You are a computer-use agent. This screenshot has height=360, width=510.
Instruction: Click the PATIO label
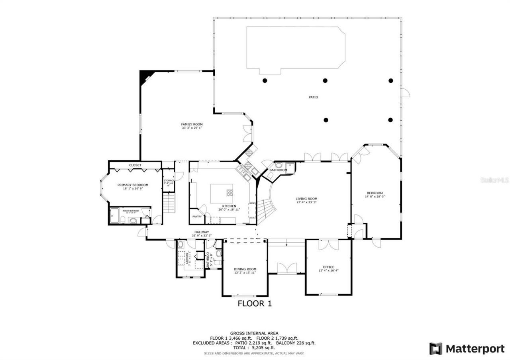point(313,97)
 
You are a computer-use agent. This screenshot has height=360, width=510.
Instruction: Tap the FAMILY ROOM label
point(192,124)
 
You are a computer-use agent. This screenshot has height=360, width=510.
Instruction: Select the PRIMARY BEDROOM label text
point(133,185)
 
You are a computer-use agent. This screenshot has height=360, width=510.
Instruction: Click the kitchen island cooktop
point(230,193)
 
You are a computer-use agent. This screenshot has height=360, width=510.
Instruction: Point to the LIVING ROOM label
point(306,199)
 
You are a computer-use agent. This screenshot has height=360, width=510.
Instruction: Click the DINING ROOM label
point(245,269)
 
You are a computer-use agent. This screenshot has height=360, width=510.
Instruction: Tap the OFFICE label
point(328,267)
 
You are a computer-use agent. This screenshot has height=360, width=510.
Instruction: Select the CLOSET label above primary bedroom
point(135,165)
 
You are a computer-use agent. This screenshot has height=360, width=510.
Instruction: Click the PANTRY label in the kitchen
point(197,217)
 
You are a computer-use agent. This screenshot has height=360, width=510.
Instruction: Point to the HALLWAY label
point(202,232)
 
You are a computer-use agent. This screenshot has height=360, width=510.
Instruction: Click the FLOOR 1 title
point(255,304)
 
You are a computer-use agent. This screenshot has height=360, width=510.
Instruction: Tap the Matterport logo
point(467,349)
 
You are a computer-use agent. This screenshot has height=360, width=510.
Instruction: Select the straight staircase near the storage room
point(169,202)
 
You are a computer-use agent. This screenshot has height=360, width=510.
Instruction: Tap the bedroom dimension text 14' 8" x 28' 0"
point(375,196)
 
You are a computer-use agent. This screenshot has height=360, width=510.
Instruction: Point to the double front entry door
point(287,268)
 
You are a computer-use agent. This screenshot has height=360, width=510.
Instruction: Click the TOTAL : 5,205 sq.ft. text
point(254,348)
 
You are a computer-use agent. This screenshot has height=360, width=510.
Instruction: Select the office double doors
point(329,245)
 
